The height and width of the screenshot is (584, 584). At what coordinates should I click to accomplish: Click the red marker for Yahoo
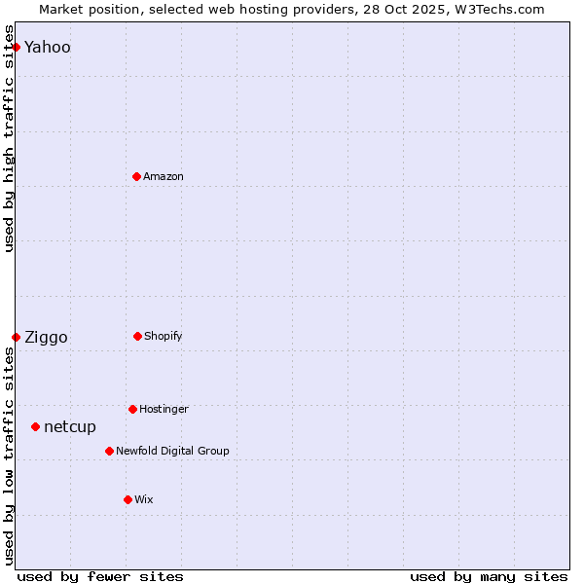coord(16,47)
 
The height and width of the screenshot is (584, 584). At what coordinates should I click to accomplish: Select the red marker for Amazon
coord(136,176)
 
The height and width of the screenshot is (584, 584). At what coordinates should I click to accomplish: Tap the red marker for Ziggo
coord(16,337)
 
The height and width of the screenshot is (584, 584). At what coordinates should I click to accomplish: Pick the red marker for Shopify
coord(137,336)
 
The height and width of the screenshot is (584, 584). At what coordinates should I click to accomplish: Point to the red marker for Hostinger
coord(132,409)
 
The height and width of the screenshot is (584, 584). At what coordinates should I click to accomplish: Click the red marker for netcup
coord(35,426)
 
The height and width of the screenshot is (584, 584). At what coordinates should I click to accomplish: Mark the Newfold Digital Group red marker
coord(109,451)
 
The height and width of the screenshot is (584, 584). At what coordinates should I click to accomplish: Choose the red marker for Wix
coord(128,499)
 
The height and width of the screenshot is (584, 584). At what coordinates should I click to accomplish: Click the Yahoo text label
coord(48,47)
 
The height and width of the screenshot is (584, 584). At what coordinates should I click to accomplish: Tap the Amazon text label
coord(164,176)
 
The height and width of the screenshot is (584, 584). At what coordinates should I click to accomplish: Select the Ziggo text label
coord(46,338)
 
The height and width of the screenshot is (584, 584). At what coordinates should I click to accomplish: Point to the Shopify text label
coord(164,336)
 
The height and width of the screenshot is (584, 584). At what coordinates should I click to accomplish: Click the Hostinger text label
coord(164,409)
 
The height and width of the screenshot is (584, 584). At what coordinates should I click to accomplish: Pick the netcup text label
coord(70,427)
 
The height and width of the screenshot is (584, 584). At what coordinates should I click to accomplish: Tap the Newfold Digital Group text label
coord(172,451)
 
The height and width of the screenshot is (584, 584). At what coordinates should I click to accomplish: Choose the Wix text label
coord(144,499)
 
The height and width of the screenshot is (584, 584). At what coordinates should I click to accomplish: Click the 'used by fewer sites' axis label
coord(100,576)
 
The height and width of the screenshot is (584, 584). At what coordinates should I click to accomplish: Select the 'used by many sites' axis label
coord(489,576)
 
